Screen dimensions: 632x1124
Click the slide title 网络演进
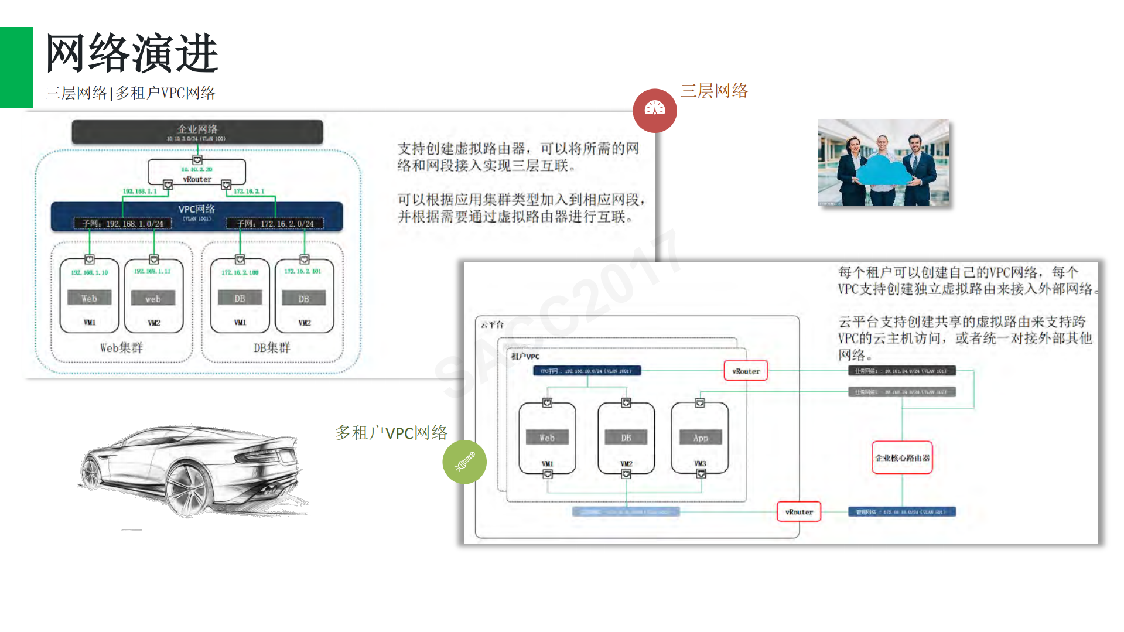(132, 54)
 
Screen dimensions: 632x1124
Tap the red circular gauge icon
(655, 110)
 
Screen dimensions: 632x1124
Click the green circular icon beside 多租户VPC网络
(464, 462)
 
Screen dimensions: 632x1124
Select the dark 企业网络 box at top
(197, 132)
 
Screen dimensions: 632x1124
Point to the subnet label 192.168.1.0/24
(123, 224)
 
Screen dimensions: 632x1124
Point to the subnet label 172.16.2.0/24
(275, 224)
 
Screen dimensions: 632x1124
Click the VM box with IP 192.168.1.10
(90, 296)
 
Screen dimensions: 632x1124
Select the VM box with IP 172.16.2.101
(304, 296)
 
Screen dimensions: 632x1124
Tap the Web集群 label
(121, 348)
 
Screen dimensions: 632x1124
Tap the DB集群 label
(272, 348)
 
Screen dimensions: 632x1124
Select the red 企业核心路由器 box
(902, 457)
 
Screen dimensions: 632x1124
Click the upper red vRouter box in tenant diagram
(746, 371)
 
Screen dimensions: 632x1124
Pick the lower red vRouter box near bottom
(799, 511)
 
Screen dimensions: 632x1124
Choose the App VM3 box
(700, 438)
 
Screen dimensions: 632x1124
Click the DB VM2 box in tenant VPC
(626, 438)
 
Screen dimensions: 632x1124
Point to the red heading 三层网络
(714, 91)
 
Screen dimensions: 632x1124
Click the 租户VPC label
(525, 356)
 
